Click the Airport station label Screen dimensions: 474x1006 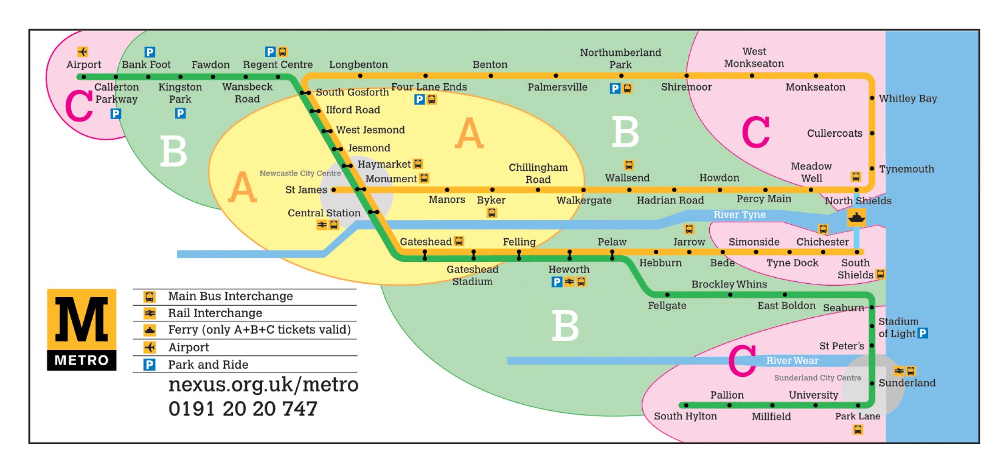[84, 65]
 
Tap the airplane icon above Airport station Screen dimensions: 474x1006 [83, 52]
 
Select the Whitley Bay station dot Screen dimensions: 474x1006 [872, 98]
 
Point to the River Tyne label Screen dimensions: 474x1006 [739, 214]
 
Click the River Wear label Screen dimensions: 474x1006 [792, 361]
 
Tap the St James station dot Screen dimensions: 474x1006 [333, 190]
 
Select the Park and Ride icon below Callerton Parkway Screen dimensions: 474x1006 [116, 113]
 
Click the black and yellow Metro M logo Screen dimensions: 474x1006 [82, 329]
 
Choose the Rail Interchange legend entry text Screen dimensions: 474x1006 [215, 313]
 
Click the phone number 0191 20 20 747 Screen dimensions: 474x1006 [243, 409]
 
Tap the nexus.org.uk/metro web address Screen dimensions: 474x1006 [263, 385]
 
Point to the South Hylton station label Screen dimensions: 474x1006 [685, 416]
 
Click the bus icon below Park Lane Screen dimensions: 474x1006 [857, 430]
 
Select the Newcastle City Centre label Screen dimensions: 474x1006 [300, 174]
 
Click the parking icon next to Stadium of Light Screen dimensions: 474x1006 [923, 333]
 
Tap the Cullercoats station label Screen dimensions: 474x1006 [834, 134]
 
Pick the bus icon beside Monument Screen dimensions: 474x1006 [424, 178]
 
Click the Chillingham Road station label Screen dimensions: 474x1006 [538, 174]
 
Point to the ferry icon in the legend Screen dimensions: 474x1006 [150, 330]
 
